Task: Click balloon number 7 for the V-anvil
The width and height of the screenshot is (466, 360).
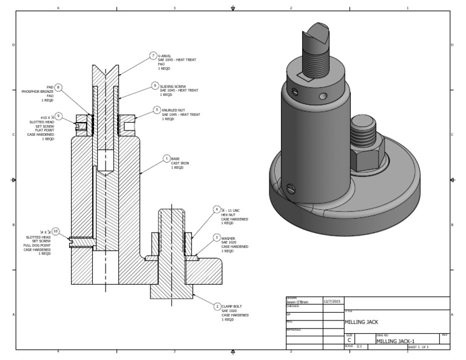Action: [x=154, y=55]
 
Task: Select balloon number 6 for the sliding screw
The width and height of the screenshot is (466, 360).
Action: [x=155, y=86]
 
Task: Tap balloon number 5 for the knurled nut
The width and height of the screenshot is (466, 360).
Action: [x=157, y=109]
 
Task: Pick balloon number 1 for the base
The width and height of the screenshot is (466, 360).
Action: [x=166, y=158]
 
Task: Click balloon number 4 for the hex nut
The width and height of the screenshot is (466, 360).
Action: [x=217, y=209]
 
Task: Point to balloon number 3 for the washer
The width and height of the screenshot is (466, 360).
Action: [x=217, y=237]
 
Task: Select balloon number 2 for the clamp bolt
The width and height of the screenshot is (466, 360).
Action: [x=217, y=307]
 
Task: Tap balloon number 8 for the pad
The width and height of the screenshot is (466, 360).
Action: [x=58, y=87]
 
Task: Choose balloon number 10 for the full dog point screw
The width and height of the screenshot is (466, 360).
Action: [x=55, y=231]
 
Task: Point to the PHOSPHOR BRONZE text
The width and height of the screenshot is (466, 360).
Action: [x=38, y=91]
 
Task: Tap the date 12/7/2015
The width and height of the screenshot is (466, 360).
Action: [x=333, y=301]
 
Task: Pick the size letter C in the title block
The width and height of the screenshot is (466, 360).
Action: [x=349, y=341]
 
